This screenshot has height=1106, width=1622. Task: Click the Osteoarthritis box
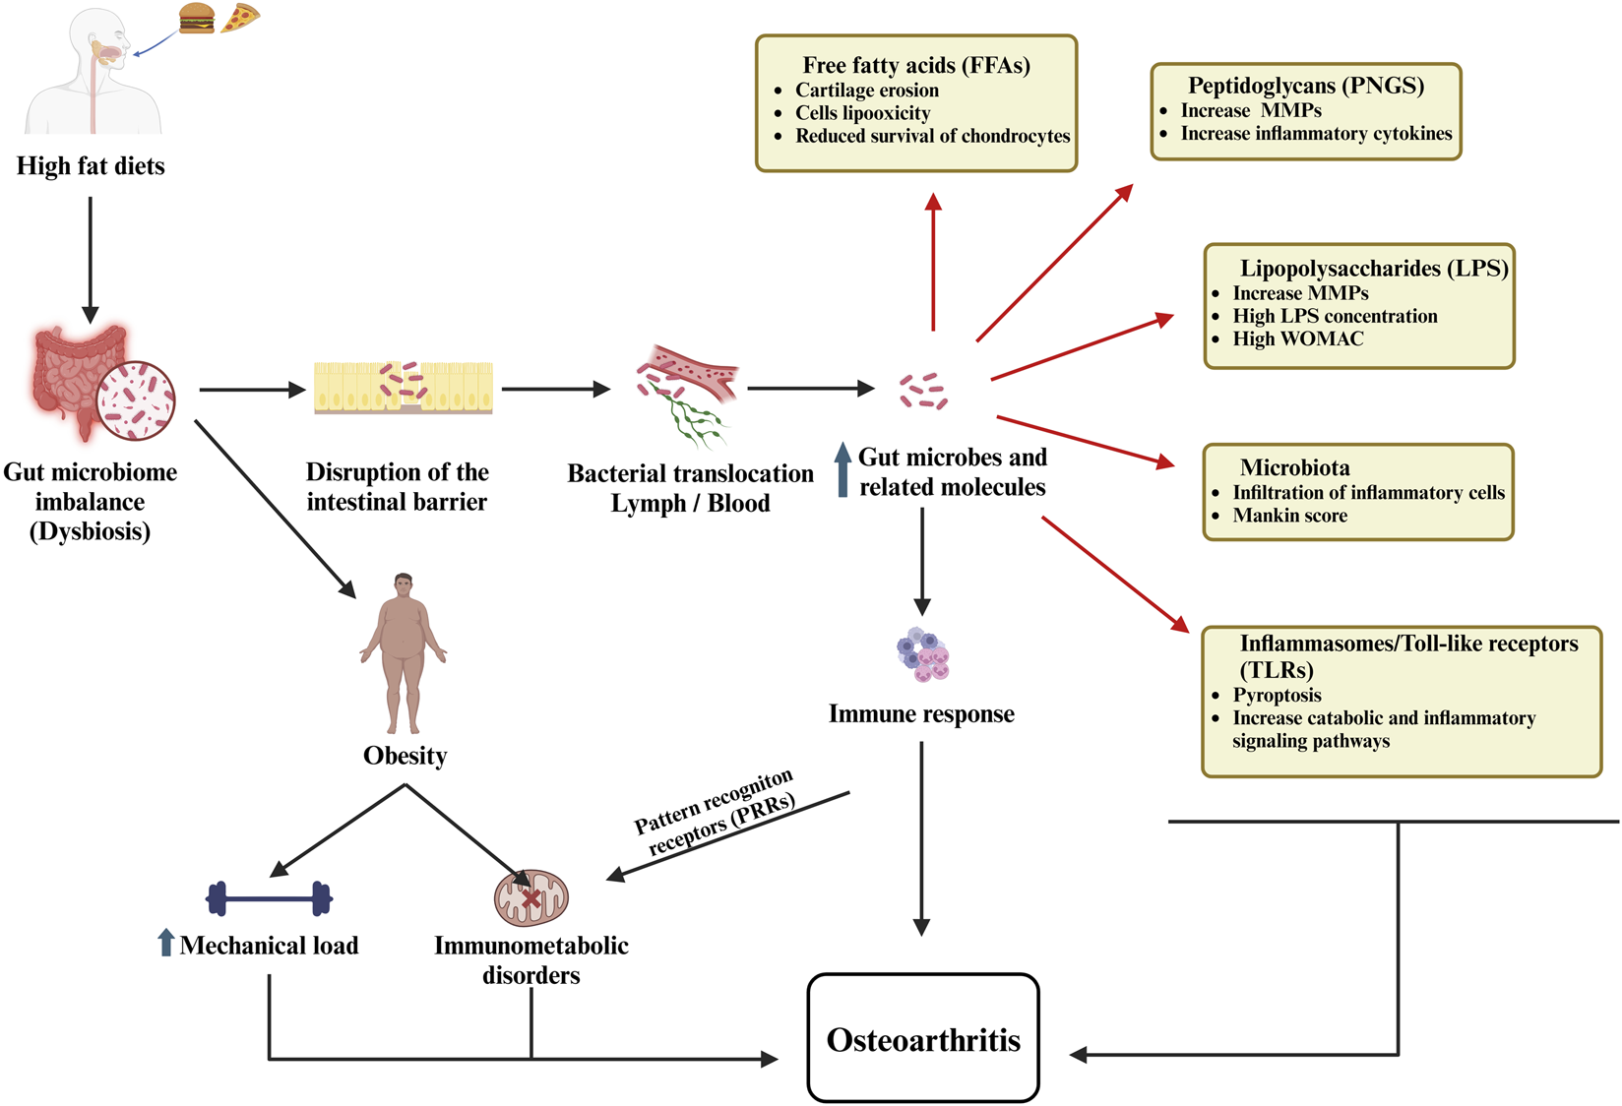tap(923, 1038)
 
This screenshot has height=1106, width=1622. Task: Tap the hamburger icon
tap(197, 19)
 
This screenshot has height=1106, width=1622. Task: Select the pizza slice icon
tap(240, 18)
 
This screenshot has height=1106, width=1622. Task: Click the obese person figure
tap(404, 653)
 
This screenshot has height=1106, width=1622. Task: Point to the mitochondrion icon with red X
tap(530, 897)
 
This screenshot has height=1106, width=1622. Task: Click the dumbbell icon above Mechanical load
tap(269, 897)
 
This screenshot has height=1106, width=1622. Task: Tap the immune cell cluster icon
tap(922, 654)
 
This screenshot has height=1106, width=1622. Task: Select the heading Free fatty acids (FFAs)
tap(916, 65)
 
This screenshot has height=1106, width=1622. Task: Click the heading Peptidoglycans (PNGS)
tap(1306, 85)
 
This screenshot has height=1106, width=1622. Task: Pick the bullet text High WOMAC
tap(1298, 339)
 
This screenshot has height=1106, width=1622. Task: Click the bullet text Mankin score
tap(1289, 516)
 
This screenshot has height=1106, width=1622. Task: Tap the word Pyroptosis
tap(1277, 696)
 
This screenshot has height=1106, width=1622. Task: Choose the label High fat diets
tap(91, 166)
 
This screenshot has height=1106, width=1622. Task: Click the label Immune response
tap(921, 714)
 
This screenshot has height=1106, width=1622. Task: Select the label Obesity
tap(405, 756)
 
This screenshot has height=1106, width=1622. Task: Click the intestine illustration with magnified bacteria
tap(102, 384)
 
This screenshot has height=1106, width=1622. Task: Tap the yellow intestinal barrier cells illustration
tap(403, 388)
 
